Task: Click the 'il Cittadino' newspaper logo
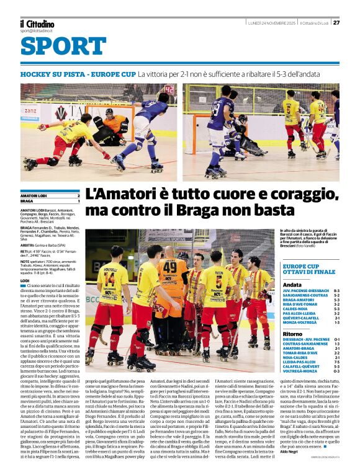point(37,24)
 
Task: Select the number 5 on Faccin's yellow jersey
point(218,279)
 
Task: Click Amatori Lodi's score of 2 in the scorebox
point(78,195)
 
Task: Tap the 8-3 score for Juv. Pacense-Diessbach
point(336,290)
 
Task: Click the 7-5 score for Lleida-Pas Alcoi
point(336,361)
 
